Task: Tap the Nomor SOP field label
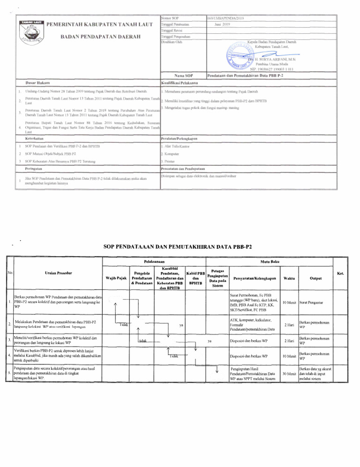168,17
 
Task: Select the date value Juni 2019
222,23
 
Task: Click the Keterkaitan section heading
34,138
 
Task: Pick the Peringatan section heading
34,167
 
